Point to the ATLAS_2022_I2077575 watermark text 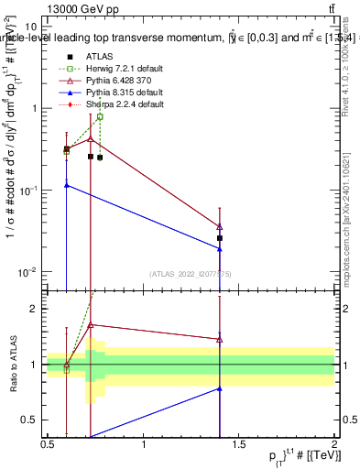coord(190,274)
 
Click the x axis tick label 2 coord(334,444)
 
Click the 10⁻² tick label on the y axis coord(27,271)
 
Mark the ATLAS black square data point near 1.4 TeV coord(220,238)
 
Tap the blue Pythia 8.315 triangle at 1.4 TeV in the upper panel coord(220,249)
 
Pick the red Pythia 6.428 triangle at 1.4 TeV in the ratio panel coord(220,339)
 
